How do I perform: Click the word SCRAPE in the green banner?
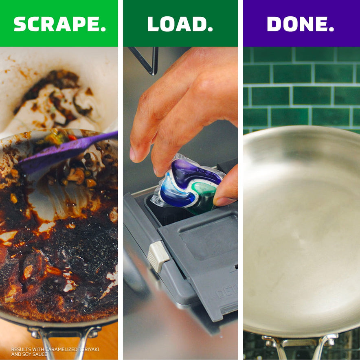57,24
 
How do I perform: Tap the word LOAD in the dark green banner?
176,24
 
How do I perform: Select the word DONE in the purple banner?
296,24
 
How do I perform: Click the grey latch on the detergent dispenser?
158,256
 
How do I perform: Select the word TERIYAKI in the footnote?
89,349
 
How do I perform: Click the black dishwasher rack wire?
147,60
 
